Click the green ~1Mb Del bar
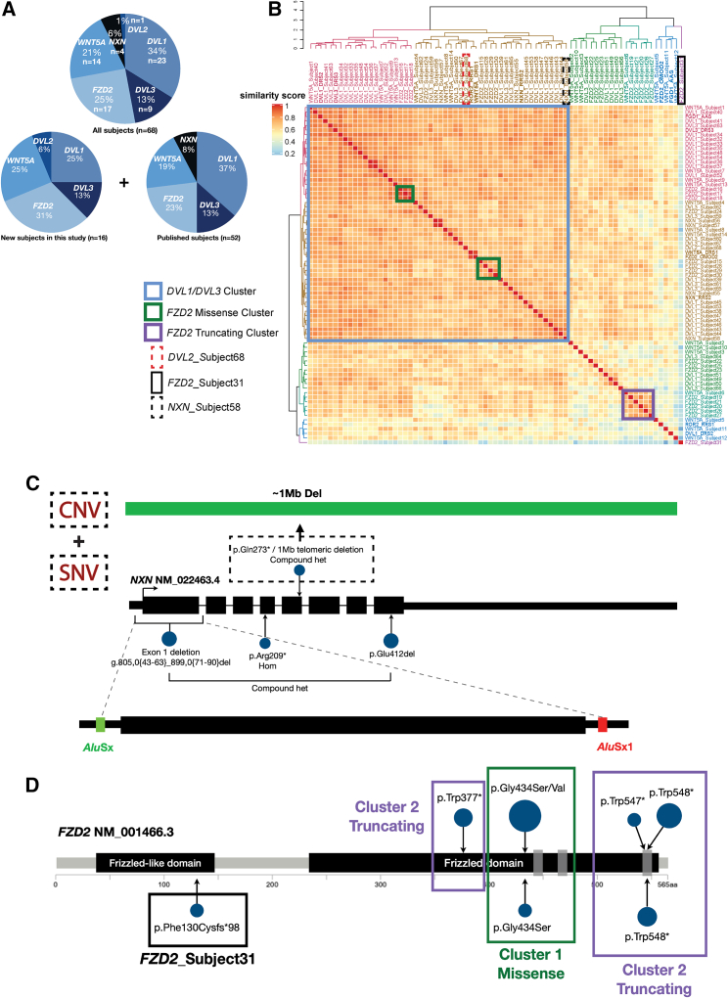click(401, 507)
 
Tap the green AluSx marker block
click(100, 724)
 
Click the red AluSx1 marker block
click(602, 724)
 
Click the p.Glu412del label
click(391, 653)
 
